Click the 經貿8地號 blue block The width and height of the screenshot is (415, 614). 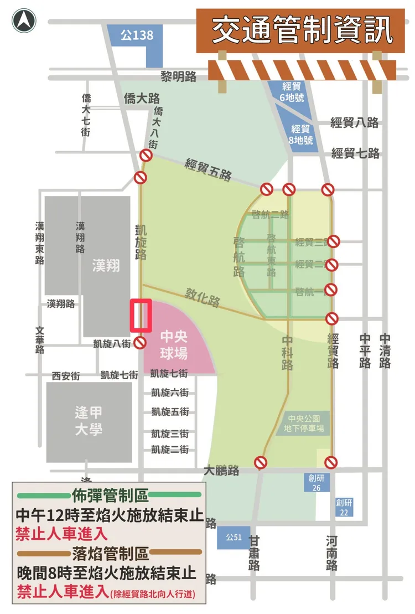click(x=302, y=134)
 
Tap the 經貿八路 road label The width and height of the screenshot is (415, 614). click(x=355, y=122)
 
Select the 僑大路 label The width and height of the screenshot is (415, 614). click(x=142, y=99)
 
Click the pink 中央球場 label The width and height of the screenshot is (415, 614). click(x=174, y=345)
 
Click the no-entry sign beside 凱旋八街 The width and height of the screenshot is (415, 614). click(x=141, y=343)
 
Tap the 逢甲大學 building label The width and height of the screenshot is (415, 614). click(x=89, y=421)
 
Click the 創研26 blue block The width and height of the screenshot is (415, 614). click(x=315, y=482)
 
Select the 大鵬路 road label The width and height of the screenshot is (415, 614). click(x=221, y=471)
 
